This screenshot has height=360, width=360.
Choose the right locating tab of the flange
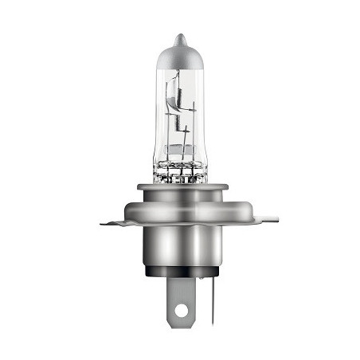tap(267, 216)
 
